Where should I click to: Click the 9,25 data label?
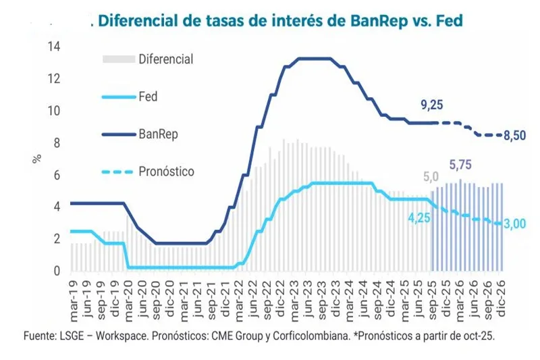click(432, 105)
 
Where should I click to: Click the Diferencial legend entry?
click(165, 59)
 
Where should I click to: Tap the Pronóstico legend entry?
click(166, 172)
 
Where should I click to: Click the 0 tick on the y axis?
click(58, 271)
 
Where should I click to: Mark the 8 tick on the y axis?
click(58, 143)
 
